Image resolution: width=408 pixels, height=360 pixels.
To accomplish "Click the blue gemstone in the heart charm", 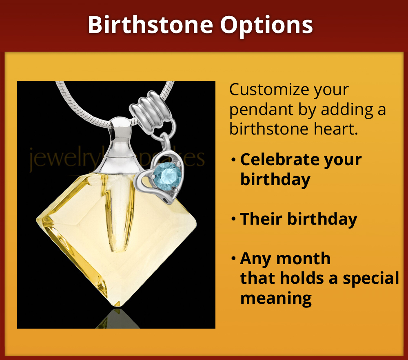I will point(167,175).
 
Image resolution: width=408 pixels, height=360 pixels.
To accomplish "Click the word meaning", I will point(276,298).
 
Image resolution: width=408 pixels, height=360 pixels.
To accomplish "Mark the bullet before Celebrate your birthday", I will point(233,159).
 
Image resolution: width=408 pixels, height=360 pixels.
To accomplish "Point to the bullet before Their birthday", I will point(233,219).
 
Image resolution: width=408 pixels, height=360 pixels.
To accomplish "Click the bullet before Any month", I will point(233,258).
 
